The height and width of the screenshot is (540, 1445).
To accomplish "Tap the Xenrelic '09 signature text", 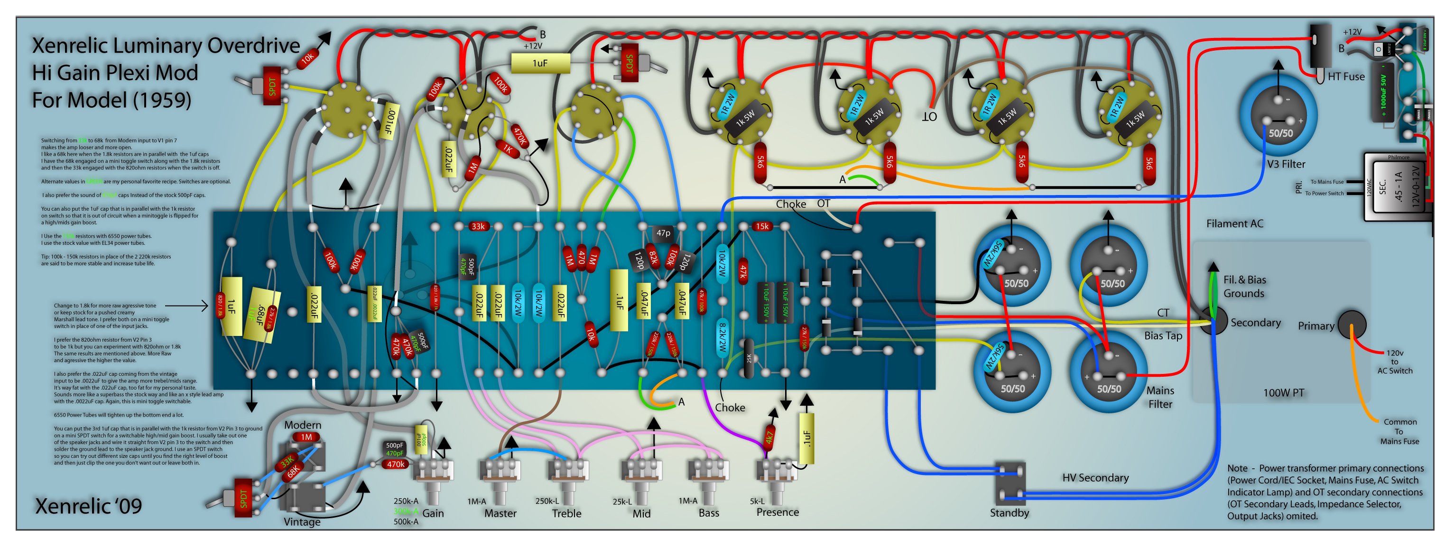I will tap(89, 506).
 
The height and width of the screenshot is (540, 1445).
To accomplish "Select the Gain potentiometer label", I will tap(433, 513).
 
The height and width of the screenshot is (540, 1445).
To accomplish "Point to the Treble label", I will tap(566, 513).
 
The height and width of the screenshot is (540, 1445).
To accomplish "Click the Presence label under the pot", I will tap(778, 512).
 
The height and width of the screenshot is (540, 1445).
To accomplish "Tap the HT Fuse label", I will tap(1346, 76).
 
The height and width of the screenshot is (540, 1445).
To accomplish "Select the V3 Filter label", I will tap(1286, 164).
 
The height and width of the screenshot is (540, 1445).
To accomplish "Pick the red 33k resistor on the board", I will tap(478, 226).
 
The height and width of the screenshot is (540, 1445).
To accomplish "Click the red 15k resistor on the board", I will tap(762, 226).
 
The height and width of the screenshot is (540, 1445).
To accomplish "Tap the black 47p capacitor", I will tap(663, 233).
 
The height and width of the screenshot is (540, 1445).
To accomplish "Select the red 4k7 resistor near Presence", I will tap(770, 436).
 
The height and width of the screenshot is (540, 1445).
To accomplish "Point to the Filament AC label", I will tap(1235, 223).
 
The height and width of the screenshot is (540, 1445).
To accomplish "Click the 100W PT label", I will tap(1283, 393).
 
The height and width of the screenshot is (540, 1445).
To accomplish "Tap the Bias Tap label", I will tap(1163, 335).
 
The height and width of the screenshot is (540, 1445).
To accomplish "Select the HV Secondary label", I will tap(1095, 478).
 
